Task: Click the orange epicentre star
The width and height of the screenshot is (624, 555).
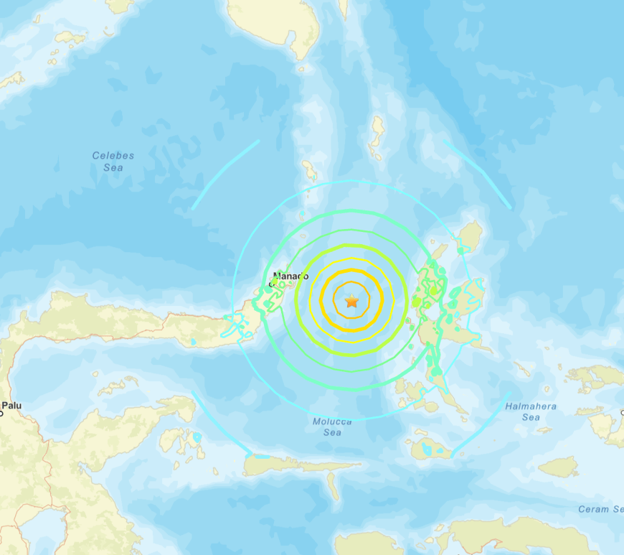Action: pyautogui.click(x=351, y=302)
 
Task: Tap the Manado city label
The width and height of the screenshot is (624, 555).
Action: pyautogui.click(x=291, y=276)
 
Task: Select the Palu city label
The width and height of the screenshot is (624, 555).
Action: pyautogui.click(x=11, y=406)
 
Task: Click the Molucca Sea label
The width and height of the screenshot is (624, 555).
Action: pyautogui.click(x=332, y=426)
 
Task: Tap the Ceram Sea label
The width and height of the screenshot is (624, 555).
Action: pyautogui.click(x=600, y=509)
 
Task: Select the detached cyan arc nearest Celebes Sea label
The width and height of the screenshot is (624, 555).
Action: pyautogui.click(x=224, y=174)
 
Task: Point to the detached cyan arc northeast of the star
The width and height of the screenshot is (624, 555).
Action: pyautogui.click(x=477, y=174)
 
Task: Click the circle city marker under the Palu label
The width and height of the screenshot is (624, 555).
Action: pyautogui.click(x=1, y=414)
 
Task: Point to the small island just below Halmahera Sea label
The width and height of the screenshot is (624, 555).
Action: pyautogui.click(x=544, y=431)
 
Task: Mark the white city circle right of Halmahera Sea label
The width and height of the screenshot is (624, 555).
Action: pyautogui.click(x=622, y=412)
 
